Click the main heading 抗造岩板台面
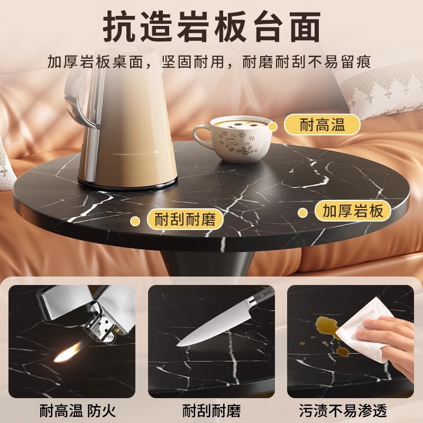pos(212,26)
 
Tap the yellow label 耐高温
pos(322,125)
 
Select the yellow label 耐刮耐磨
pos(185,219)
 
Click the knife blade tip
pos(180,343)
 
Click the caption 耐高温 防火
pos(78,410)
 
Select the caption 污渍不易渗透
pos(351,410)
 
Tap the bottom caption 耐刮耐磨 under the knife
pos(212,410)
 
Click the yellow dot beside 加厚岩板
pos(302,213)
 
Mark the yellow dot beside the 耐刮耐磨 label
pos(136,219)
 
